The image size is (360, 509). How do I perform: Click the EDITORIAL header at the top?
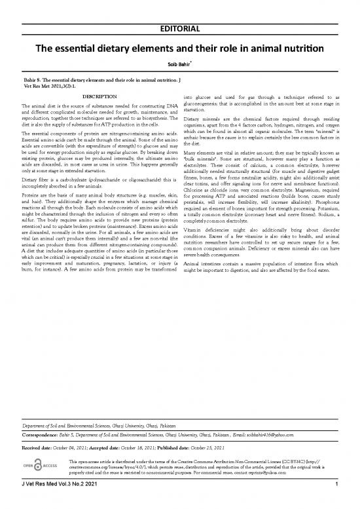(180, 10)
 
